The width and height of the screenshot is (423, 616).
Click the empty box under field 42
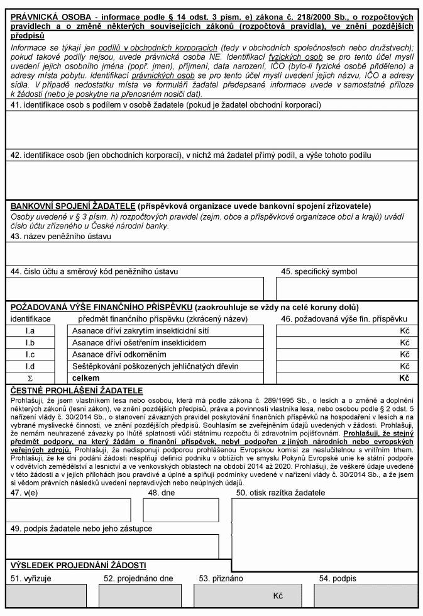[211, 179]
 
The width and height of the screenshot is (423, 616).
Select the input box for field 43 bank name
[211, 254]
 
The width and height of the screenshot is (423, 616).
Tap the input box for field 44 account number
[135, 288]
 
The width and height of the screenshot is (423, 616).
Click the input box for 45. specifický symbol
[346, 288]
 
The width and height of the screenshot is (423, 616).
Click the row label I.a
[30, 330]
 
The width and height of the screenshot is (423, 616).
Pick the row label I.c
[30, 354]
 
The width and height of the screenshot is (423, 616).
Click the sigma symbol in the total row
[30, 378]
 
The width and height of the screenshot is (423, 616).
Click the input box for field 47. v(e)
[69, 510]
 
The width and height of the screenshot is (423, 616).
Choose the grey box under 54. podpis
[365, 595]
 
